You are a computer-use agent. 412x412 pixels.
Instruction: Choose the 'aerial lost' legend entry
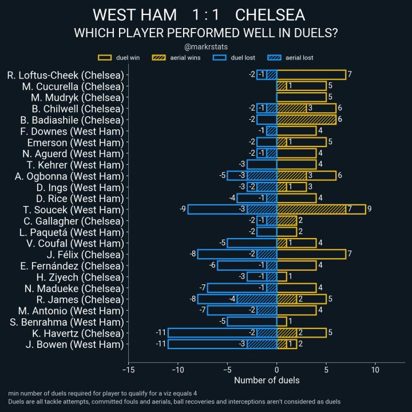pos(291,58)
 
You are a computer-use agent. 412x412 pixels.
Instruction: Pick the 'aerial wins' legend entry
pos(175,58)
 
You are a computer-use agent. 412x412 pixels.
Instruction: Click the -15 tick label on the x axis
pos(128,370)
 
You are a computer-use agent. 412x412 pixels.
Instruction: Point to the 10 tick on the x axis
pos(375,370)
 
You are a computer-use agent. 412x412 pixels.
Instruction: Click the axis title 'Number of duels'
pos(267,380)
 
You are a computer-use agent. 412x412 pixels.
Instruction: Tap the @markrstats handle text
pos(205,47)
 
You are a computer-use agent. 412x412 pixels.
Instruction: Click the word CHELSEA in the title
pos(270,15)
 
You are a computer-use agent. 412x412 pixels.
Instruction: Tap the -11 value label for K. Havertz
pos(161,333)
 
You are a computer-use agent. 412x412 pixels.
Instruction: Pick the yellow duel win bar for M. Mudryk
pos(301,97)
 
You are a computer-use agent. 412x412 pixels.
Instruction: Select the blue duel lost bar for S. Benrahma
pos(252,322)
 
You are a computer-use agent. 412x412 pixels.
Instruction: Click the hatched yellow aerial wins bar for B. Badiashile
pos(306,120)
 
